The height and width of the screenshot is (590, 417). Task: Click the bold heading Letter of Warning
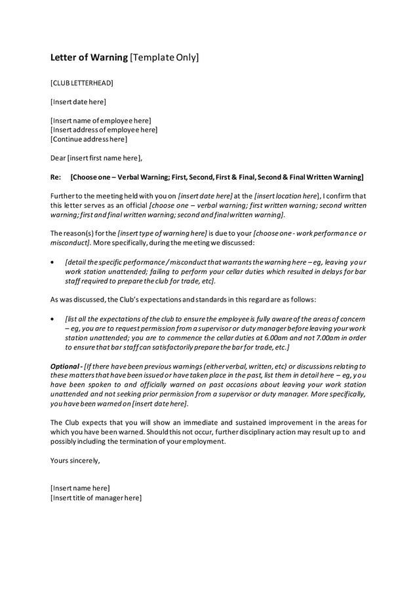[89, 58]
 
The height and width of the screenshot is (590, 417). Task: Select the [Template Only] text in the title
[164, 58]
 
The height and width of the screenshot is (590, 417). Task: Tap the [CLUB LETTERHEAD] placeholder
[81, 83]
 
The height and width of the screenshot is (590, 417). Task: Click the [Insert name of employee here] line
[100, 121]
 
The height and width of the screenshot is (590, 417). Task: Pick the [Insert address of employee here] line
[104, 130]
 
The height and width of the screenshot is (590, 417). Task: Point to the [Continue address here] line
[89, 139]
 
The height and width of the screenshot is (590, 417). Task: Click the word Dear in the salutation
[58, 158]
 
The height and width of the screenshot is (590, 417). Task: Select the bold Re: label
[56, 177]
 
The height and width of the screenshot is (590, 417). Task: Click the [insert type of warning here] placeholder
[163, 233]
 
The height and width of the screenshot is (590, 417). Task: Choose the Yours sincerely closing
[75, 460]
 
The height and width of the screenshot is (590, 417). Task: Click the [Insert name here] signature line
[80, 488]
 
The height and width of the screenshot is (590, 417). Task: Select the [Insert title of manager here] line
[96, 498]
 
